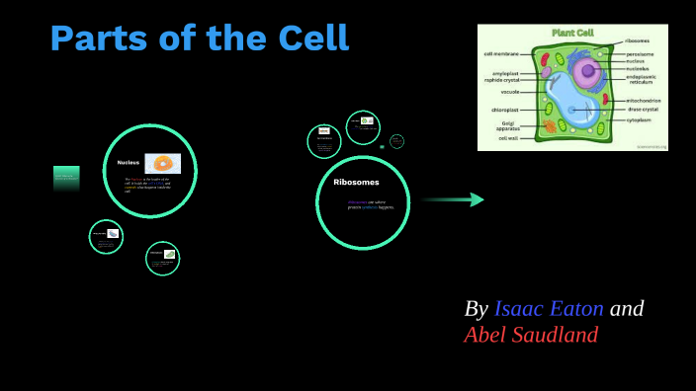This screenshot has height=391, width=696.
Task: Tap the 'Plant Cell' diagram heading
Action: (x=572, y=33)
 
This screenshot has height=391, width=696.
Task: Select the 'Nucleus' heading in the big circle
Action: (x=129, y=162)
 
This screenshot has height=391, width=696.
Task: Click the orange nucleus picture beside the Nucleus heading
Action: (x=162, y=163)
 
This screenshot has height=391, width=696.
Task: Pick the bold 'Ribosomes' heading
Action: (x=356, y=182)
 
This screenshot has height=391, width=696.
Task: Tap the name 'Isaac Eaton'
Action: (x=549, y=309)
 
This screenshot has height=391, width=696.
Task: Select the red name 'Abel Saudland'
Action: (x=531, y=335)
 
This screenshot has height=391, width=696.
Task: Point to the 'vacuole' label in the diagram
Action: (x=509, y=92)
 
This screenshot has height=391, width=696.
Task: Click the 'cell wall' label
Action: (x=508, y=138)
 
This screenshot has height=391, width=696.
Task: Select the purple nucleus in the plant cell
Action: (x=589, y=71)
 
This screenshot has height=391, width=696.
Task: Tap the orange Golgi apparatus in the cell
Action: (x=549, y=126)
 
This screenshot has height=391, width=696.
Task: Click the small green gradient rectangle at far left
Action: (x=66, y=178)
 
